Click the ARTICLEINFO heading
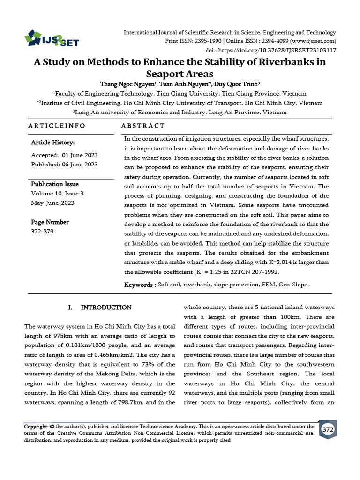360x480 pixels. coord(57,126)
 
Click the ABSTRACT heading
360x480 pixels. coord(143,126)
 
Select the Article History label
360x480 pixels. coord(53,142)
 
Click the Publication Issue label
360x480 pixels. coord(55,184)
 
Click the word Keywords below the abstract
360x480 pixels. coord(139,285)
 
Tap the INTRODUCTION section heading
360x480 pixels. coord(106,308)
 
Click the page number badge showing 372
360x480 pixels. coord(328,429)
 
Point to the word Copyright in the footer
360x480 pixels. coord(36,427)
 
